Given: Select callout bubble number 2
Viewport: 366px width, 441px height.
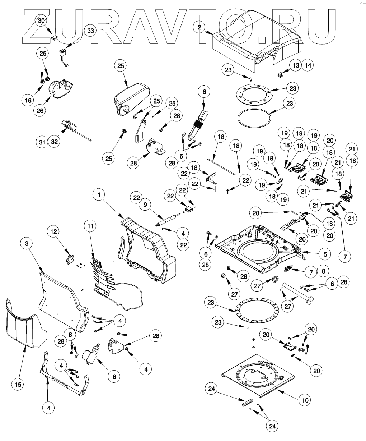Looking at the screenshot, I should (x=199, y=26).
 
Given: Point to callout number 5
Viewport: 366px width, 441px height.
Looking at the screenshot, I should (x=325, y=253).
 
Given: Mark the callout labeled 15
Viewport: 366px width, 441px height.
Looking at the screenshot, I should (x=19, y=384).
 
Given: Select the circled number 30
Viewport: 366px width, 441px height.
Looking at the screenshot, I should (x=42, y=21).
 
